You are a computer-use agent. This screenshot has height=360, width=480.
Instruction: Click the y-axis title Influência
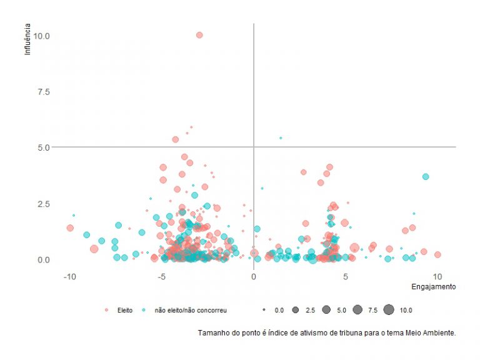tap(27, 39)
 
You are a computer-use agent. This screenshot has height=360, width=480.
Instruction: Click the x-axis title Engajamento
tap(434, 287)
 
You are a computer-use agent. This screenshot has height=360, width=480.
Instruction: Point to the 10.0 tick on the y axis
tap(42, 36)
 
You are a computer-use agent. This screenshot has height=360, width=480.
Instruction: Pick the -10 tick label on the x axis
tap(69, 276)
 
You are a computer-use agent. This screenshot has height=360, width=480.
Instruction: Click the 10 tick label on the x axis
tap(437, 276)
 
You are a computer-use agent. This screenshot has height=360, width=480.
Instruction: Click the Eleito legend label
tap(125, 310)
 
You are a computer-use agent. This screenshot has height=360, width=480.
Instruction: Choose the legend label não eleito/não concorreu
tap(190, 310)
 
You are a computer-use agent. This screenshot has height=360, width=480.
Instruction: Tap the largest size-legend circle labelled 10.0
tap(389, 309)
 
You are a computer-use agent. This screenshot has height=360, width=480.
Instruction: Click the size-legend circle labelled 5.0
tap(326, 309)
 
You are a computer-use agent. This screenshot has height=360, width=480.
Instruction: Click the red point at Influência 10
tap(199, 35)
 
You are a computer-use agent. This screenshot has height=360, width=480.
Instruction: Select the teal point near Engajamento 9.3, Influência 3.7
tap(426, 177)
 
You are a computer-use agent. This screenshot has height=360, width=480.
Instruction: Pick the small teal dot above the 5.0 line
tap(281, 138)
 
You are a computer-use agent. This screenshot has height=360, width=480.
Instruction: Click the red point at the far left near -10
tap(70, 228)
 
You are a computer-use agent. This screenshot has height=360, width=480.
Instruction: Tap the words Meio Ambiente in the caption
tap(432, 332)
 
